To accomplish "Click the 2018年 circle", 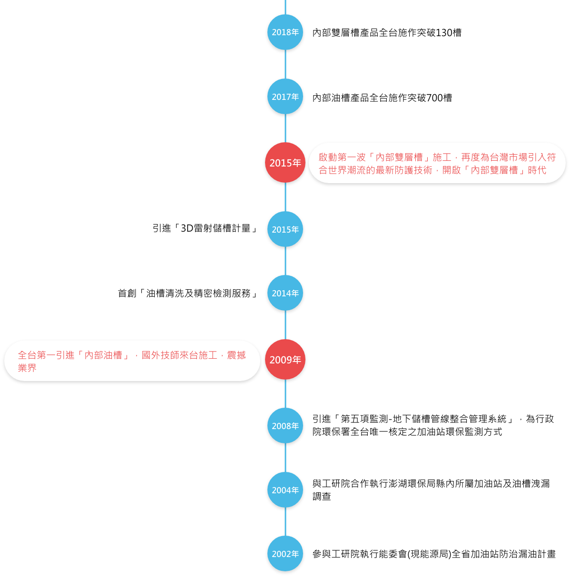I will [x=285, y=32].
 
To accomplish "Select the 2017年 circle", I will [x=285, y=97].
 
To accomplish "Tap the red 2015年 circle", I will [x=285, y=163].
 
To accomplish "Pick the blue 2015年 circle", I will [x=285, y=229].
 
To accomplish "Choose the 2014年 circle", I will [x=285, y=293].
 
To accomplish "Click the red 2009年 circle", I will [x=285, y=360].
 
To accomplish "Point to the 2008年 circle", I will [x=285, y=426].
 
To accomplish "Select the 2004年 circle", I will [x=285, y=490].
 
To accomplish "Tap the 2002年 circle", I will [x=285, y=554].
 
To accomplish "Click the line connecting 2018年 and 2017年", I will [x=285, y=64].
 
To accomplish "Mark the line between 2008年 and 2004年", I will [x=285, y=458].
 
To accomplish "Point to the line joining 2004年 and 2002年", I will [x=285, y=522].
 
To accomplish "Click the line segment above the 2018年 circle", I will [x=285, y=7].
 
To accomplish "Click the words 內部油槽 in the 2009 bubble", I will [x=103, y=355].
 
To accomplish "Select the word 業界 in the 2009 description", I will [x=27, y=368].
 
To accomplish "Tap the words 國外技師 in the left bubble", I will [x=160, y=355].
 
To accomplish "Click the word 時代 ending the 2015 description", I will [x=537, y=170].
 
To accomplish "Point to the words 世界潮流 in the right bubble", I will [x=347, y=170].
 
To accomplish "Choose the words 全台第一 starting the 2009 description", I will [x=37, y=355].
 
